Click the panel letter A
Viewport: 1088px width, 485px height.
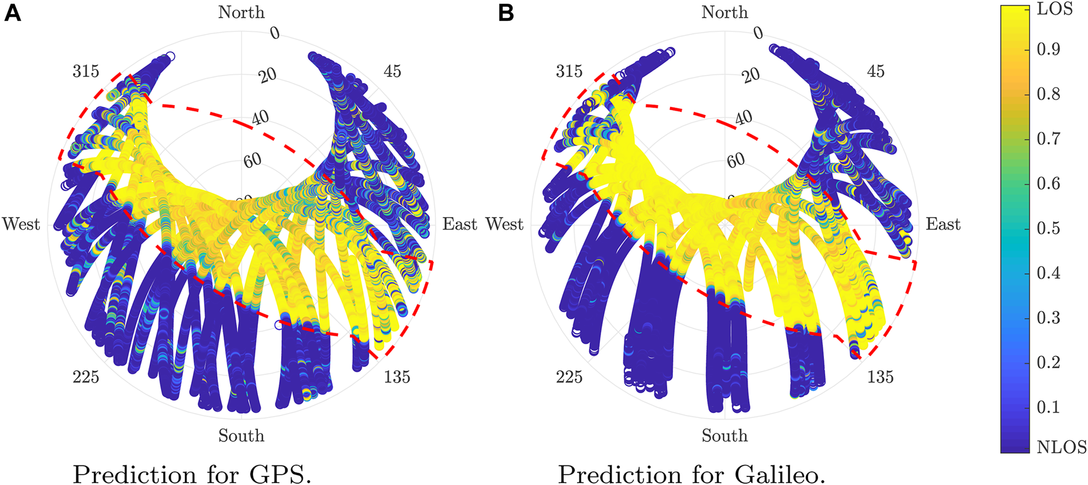click(12, 13)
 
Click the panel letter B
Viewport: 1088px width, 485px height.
click(506, 13)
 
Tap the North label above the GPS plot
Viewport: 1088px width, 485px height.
click(241, 12)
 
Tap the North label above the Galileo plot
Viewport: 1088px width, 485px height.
click(725, 12)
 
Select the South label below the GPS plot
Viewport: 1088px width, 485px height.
click(241, 436)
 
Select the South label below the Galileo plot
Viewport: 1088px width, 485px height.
click(725, 436)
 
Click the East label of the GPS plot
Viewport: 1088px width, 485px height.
click(459, 224)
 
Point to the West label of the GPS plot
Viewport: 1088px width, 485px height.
click(21, 224)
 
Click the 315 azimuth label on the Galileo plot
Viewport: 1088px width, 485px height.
click(569, 71)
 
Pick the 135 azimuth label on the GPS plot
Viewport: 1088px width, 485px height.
click(397, 377)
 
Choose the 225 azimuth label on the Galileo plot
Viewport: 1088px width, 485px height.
click(569, 377)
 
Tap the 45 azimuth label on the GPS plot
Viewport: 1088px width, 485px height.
click(392, 71)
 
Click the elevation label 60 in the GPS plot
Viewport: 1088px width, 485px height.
click(252, 160)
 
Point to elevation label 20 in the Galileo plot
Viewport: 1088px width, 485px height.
click(750, 76)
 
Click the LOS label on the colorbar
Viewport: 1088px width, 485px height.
click(1054, 9)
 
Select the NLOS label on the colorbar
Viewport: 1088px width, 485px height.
click(1061, 448)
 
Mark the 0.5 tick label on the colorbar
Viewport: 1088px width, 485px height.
click(1048, 228)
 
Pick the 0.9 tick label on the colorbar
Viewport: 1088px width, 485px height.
click(1048, 49)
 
